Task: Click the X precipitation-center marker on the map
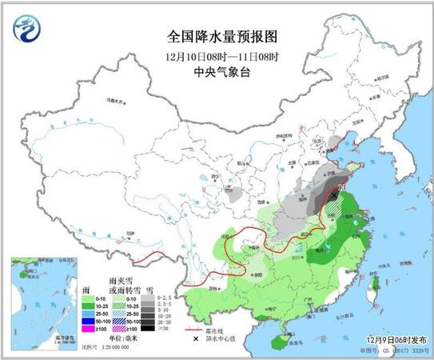point(334,193)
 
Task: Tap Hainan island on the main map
point(279,341)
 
